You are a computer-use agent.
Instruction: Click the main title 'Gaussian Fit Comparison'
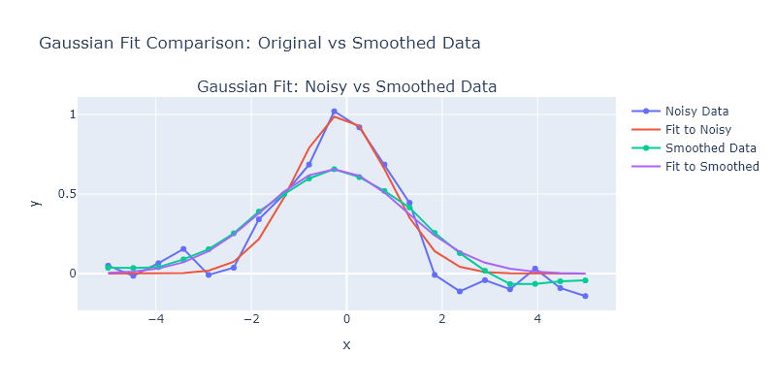[x=259, y=44]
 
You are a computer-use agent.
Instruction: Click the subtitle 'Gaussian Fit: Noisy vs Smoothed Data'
[x=346, y=86]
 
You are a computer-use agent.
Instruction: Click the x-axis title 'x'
[x=346, y=345]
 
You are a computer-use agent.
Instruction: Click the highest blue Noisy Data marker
[x=334, y=112]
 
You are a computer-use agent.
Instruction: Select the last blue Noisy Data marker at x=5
[x=585, y=296]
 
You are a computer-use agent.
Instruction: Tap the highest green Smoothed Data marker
[x=334, y=170]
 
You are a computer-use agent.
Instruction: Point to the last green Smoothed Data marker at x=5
[x=585, y=280]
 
